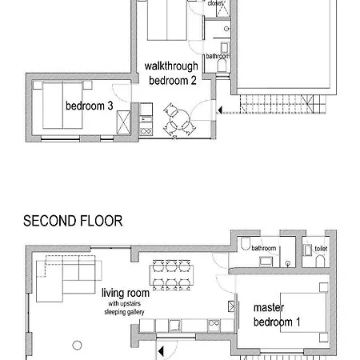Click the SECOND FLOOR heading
(x=73, y=221)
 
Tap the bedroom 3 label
(x=90, y=106)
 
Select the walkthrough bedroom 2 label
(x=171, y=74)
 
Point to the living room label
(x=126, y=293)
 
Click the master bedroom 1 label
(x=277, y=315)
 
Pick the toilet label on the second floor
(x=321, y=249)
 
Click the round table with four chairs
(x=180, y=119)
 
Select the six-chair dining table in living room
(x=171, y=274)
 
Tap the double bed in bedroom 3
(x=62, y=105)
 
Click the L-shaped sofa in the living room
(x=69, y=278)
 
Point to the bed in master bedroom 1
(x=304, y=313)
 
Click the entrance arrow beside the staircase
(x=220, y=110)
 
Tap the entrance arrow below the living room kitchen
(x=161, y=351)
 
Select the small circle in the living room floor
(x=77, y=346)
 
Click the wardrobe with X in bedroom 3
(x=124, y=122)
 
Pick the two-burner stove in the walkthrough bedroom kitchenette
(x=146, y=131)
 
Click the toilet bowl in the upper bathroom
(x=222, y=66)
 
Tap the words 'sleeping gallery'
(x=124, y=312)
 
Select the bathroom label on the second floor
(x=264, y=248)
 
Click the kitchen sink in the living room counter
(x=175, y=326)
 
